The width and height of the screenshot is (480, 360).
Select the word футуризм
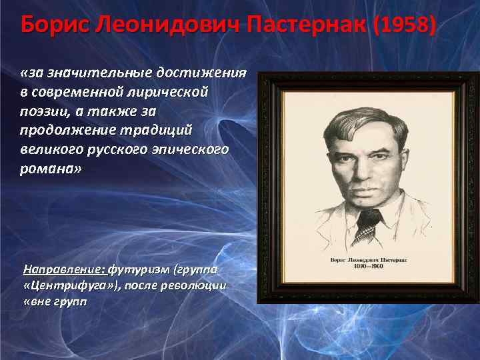(x=140, y=269)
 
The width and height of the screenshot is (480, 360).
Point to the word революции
(x=197, y=285)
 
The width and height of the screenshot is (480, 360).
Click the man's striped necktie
(x=365, y=226)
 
